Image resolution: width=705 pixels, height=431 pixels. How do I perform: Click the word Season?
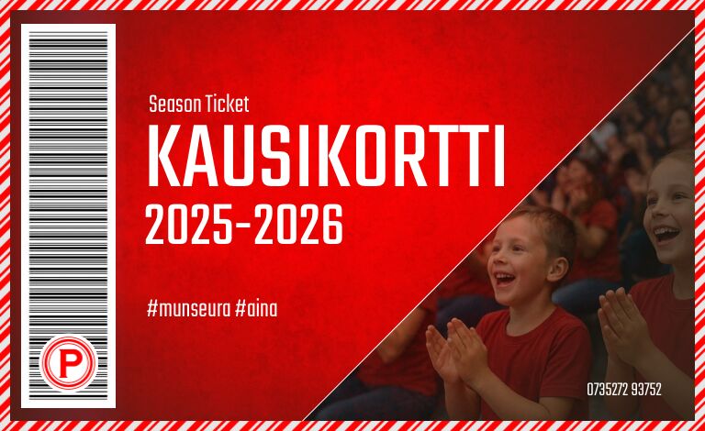(174, 105)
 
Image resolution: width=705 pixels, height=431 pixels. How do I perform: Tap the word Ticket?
(227, 105)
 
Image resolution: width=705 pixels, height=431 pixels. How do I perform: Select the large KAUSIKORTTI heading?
(327, 156)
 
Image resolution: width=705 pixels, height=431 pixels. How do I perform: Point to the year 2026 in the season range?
(298, 224)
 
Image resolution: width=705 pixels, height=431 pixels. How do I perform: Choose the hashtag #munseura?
(187, 309)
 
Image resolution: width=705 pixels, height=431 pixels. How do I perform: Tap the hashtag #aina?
(256, 309)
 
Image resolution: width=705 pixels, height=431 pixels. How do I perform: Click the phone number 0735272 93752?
(624, 389)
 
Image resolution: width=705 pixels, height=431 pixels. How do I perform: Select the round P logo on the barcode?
(68, 363)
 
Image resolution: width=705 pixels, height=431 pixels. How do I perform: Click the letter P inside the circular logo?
(68, 363)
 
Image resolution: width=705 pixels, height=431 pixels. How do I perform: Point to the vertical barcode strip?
(68, 215)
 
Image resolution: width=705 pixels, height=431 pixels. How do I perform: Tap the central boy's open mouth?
(505, 279)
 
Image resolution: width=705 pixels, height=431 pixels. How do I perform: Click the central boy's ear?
(560, 270)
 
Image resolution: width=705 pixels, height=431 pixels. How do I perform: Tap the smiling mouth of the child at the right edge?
(666, 234)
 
